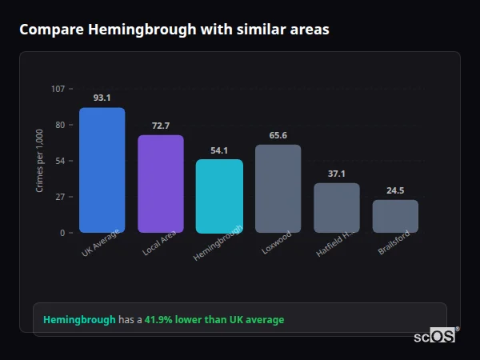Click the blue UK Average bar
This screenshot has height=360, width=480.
click(102, 170)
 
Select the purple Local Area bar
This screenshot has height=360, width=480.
click(161, 184)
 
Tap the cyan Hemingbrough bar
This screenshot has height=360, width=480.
click(219, 196)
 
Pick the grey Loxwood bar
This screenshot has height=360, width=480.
click(278, 189)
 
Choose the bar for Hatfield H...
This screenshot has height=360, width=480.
click(337, 208)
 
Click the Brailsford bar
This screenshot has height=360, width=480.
click(395, 216)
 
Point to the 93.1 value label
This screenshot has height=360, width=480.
click(102, 98)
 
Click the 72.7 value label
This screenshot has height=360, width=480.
click(161, 126)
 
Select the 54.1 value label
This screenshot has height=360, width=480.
click(219, 150)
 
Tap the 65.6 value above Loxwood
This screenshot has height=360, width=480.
click(278, 135)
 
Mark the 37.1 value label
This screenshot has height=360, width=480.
click(337, 174)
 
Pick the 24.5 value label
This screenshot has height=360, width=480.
click(395, 190)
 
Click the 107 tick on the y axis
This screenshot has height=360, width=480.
click(58, 89)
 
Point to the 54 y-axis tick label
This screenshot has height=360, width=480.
click(60, 161)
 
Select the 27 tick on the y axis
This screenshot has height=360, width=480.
click(60, 197)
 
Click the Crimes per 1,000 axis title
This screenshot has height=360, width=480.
click(40, 161)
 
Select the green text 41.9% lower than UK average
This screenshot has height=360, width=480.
click(214, 320)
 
